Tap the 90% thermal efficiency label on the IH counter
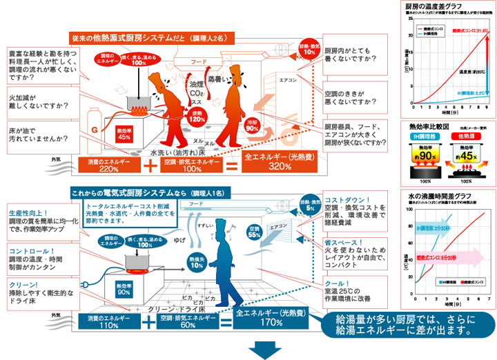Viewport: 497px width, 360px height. coord(125,289)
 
